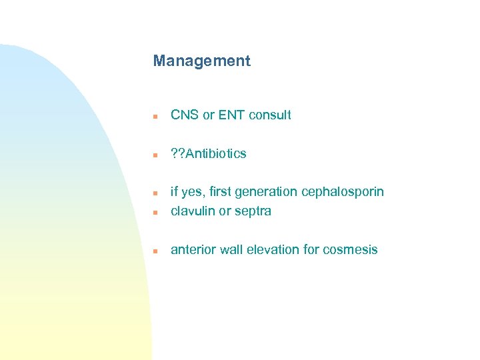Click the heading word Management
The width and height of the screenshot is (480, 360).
coord(201,61)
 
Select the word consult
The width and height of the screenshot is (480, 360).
coord(269,115)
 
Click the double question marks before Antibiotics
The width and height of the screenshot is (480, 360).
coord(178,154)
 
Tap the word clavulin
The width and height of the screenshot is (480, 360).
coord(192,211)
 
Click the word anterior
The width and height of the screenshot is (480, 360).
coord(193,250)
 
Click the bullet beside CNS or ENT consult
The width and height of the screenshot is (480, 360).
coord(154,116)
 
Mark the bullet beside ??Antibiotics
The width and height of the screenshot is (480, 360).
coord(154,155)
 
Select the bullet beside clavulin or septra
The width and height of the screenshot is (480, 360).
coord(154,213)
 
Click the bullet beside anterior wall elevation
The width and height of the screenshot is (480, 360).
coord(154,251)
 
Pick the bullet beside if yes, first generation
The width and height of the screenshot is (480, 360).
coord(154,193)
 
